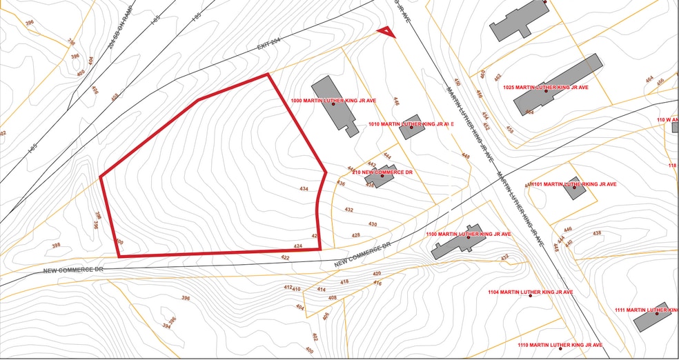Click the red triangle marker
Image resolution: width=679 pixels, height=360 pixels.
click(386, 32)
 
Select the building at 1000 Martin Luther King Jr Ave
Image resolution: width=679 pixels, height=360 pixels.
click(333, 103)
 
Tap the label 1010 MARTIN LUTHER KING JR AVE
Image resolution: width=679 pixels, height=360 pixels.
click(411, 124)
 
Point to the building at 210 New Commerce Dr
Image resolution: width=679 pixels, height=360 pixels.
click(379, 178)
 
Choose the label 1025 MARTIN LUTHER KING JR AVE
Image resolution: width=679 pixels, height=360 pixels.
click(546, 87)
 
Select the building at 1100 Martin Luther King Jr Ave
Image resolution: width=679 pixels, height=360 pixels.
click(457, 241)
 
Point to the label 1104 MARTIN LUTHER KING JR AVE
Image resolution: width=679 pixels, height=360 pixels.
click(530, 292)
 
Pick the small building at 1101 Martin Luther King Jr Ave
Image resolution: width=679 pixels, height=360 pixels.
click(575, 188)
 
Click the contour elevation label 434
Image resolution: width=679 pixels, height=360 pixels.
click(304, 188)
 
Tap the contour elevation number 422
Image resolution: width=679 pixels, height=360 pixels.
click(285, 257)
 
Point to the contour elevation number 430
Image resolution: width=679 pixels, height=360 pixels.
click(373, 224)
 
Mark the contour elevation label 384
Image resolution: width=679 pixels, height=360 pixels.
click(167, 326)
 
